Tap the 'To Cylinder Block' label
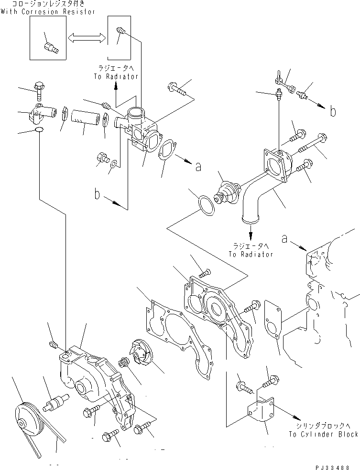point(323,434)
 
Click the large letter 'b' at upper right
point(333,112)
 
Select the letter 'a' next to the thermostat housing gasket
point(198,166)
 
